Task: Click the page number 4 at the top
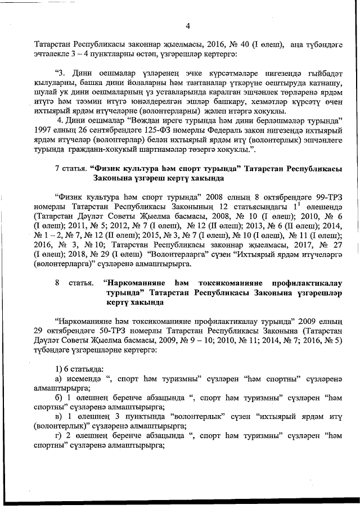pyautogui.click(x=188, y=25)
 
